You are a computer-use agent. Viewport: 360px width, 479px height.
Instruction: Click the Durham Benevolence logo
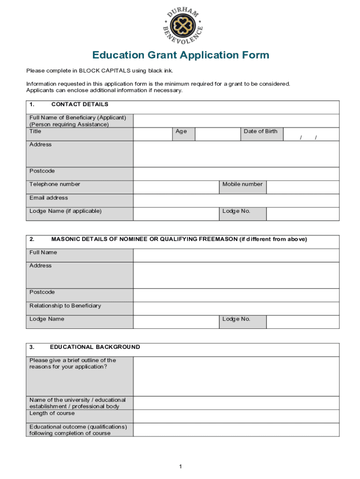tap(183, 24)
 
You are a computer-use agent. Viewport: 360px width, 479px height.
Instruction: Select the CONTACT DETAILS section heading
tap(79, 104)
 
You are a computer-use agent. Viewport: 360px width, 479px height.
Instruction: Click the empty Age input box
tap(217, 134)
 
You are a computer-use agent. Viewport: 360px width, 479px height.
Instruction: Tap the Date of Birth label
tap(260, 131)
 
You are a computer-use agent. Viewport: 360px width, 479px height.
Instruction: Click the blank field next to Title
tap(152, 134)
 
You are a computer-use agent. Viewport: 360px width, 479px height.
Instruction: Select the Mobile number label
tap(242, 184)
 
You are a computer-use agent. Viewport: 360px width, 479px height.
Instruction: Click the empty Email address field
tap(236, 201)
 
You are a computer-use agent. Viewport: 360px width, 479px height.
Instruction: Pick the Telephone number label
tap(55, 184)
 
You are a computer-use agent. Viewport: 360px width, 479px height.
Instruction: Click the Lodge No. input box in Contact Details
tap(302, 214)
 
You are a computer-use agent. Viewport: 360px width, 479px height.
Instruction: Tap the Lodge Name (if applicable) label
tap(65, 211)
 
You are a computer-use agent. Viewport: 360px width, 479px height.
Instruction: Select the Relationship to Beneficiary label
tap(65, 306)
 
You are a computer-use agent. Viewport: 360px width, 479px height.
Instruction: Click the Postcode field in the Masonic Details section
tap(236, 295)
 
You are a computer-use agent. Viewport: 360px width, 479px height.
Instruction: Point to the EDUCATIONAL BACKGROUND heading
tap(95, 347)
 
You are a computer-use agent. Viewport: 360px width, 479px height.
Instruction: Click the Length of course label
tap(52, 414)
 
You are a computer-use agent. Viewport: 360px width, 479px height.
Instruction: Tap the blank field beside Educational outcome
tap(236, 430)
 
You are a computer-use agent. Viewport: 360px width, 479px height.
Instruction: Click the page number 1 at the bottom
tap(180, 466)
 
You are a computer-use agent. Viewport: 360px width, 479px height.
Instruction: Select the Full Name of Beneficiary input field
tap(236, 121)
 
